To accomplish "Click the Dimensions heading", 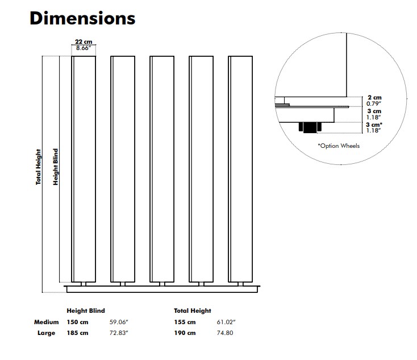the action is pos(82,18).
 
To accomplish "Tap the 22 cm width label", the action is pos(84,42).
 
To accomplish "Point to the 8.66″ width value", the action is pos(84,48).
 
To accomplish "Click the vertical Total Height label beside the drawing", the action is pos(39,167).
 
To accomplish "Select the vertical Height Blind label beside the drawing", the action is pos(55,167).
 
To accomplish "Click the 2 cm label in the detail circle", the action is pos(374,97).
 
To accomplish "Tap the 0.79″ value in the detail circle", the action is pos(374,104).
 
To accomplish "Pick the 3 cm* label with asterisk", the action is pos(374,125).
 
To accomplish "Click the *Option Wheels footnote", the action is pos(339,146).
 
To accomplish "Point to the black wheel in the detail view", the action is pos(310,127).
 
